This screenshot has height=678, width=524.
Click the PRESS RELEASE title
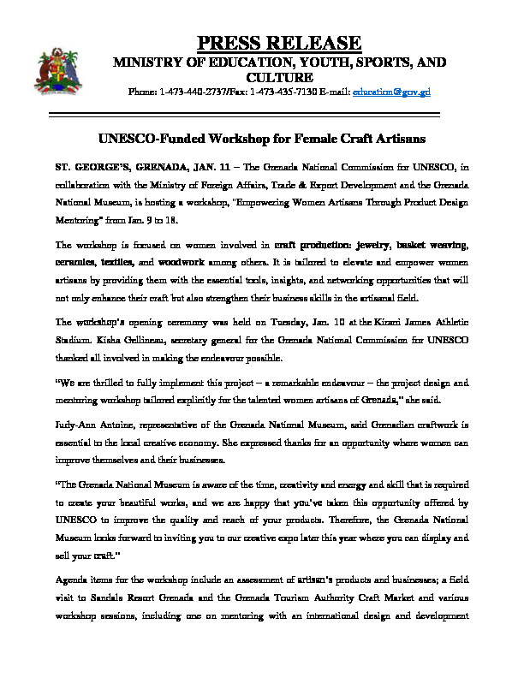pos(280,43)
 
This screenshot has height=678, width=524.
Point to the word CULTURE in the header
pos(281,77)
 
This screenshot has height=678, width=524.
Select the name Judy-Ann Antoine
pos(90,399)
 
